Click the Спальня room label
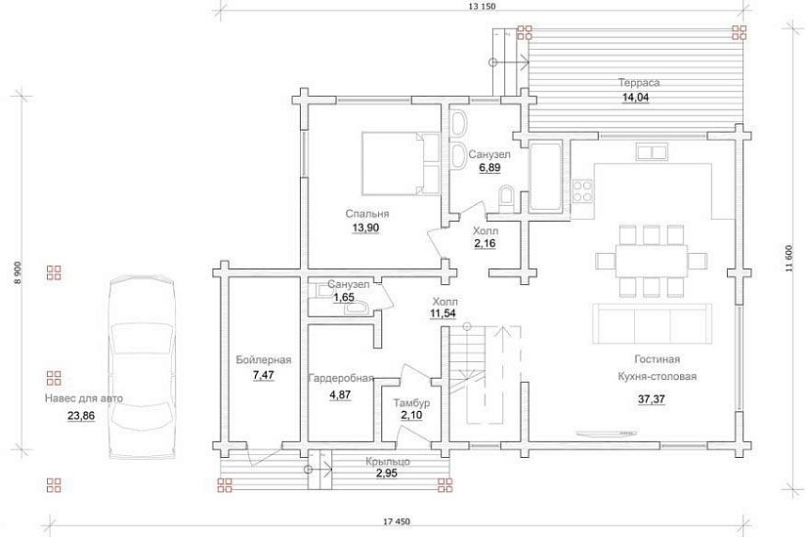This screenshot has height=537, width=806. (x=367, y=213)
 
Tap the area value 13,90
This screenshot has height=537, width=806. (x=366, y=228)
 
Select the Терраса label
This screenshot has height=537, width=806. (x=639, y=82)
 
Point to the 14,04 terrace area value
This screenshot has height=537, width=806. (x=635, y=98)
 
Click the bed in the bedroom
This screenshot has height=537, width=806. (x=401, y=163)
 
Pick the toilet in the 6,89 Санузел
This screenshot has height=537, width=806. (x=506, y=198)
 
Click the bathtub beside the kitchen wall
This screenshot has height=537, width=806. (x=547, y=177)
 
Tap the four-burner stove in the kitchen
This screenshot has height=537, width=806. (x=582, y=190)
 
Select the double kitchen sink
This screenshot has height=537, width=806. (x=652, y=152)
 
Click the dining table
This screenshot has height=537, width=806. (x=652, y=261)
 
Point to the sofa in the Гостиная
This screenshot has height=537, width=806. (x=653, y=323)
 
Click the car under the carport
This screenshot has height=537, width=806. (x=142, y=367)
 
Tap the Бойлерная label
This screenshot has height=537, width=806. (x=264, y=359)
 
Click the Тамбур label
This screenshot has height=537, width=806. (x=411, y=403)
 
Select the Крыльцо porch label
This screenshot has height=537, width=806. (x=388, y=462)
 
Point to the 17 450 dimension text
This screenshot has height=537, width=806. (x=397, y=521)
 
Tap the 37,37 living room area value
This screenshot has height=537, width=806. (x=652, y=399)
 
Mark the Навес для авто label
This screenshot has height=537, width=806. (x=84, y=398)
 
